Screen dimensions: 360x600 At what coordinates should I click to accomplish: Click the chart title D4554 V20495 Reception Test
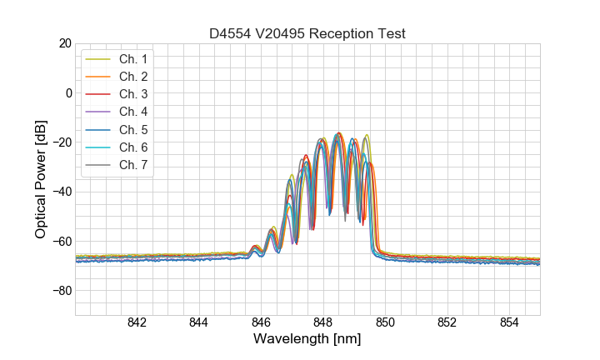(x=307, y=33)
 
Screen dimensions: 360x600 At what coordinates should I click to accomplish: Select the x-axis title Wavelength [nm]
(x=307, y=340)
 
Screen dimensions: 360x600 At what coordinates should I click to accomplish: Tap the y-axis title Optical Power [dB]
(x=41, y=179)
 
